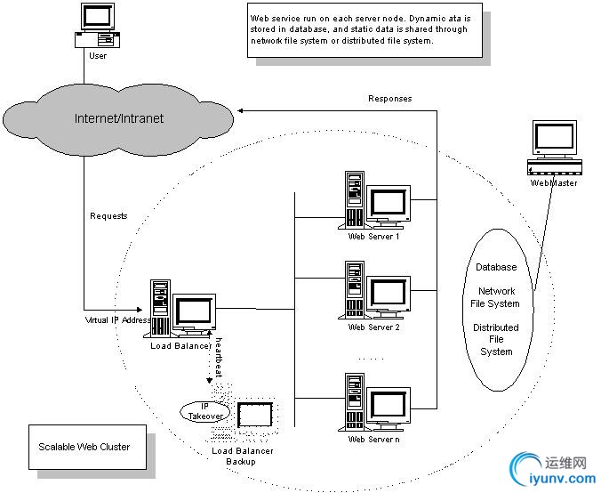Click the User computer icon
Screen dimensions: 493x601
(x=97, y=26)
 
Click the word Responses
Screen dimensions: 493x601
(x=389, y=99)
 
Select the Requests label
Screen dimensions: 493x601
(x=108, y=216)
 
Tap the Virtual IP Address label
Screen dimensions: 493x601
(x=115, y=319)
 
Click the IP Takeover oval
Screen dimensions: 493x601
(x=206, y=411)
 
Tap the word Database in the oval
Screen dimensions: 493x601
(x=496, y=267)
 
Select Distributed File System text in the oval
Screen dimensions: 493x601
(x=496, y=339)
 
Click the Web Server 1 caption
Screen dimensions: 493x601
(x=373, y=237)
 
